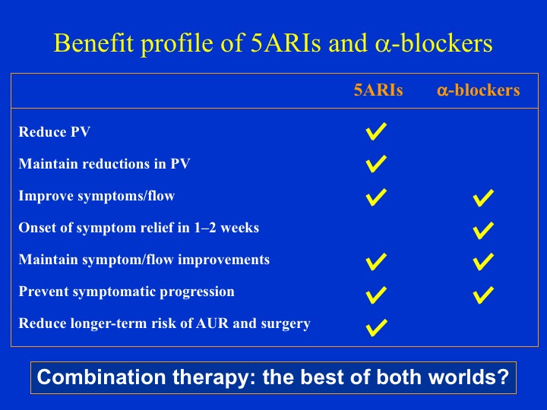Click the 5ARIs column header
378,90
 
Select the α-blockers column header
479,90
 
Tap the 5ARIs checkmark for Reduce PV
376,132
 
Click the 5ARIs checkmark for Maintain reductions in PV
376,164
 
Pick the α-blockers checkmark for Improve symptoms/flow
483,198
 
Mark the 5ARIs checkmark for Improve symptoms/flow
376,197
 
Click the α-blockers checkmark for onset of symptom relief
483,231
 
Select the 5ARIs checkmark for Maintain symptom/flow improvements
376,262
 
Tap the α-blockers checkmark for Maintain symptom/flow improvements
483,262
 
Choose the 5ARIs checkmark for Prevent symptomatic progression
376,295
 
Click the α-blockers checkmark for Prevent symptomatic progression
483,295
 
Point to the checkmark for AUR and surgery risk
376,328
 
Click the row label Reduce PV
55,132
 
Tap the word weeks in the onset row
239,228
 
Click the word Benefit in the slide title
94,43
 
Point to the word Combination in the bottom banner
101,377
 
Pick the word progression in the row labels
197,292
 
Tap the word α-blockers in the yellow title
434,43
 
